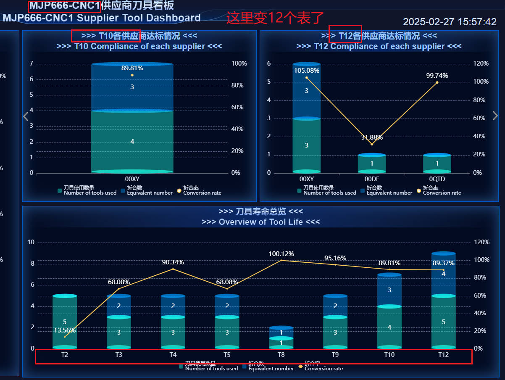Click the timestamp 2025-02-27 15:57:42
450,22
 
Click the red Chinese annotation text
275,18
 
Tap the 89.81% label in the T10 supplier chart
132,68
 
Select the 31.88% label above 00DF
372,137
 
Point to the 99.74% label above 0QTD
437,76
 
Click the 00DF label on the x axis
372,179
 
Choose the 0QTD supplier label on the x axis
437,179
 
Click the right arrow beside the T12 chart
495,116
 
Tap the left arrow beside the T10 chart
26,116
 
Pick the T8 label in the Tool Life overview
281,355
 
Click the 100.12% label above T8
281,254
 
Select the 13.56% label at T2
65,330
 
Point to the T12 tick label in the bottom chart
443,355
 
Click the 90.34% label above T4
173,262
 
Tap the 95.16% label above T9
335,258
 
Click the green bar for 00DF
372,164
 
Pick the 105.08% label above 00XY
307,71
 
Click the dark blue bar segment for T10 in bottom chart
389,290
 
